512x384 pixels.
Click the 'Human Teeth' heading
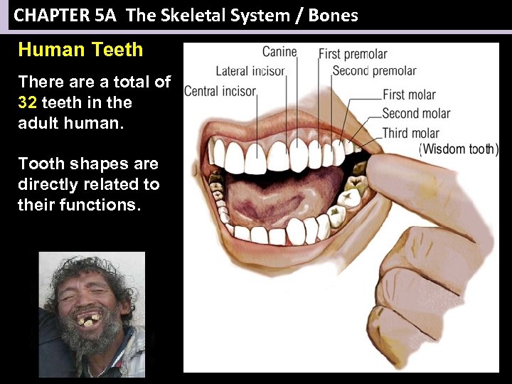pos(80,50)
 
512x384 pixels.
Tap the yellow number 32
pos(28,102)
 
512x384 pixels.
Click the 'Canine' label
pos(279,51)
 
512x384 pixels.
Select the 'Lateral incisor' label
pos(250,71)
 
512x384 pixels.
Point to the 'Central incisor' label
pos(220,91)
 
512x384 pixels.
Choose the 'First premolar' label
pos(353,54)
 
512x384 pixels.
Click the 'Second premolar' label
pos(374,71)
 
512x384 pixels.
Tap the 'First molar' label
pos(409,95)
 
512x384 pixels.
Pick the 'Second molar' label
pos(416,114)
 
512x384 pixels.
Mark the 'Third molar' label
pos(410,133)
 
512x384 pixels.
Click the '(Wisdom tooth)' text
pos(459,149)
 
